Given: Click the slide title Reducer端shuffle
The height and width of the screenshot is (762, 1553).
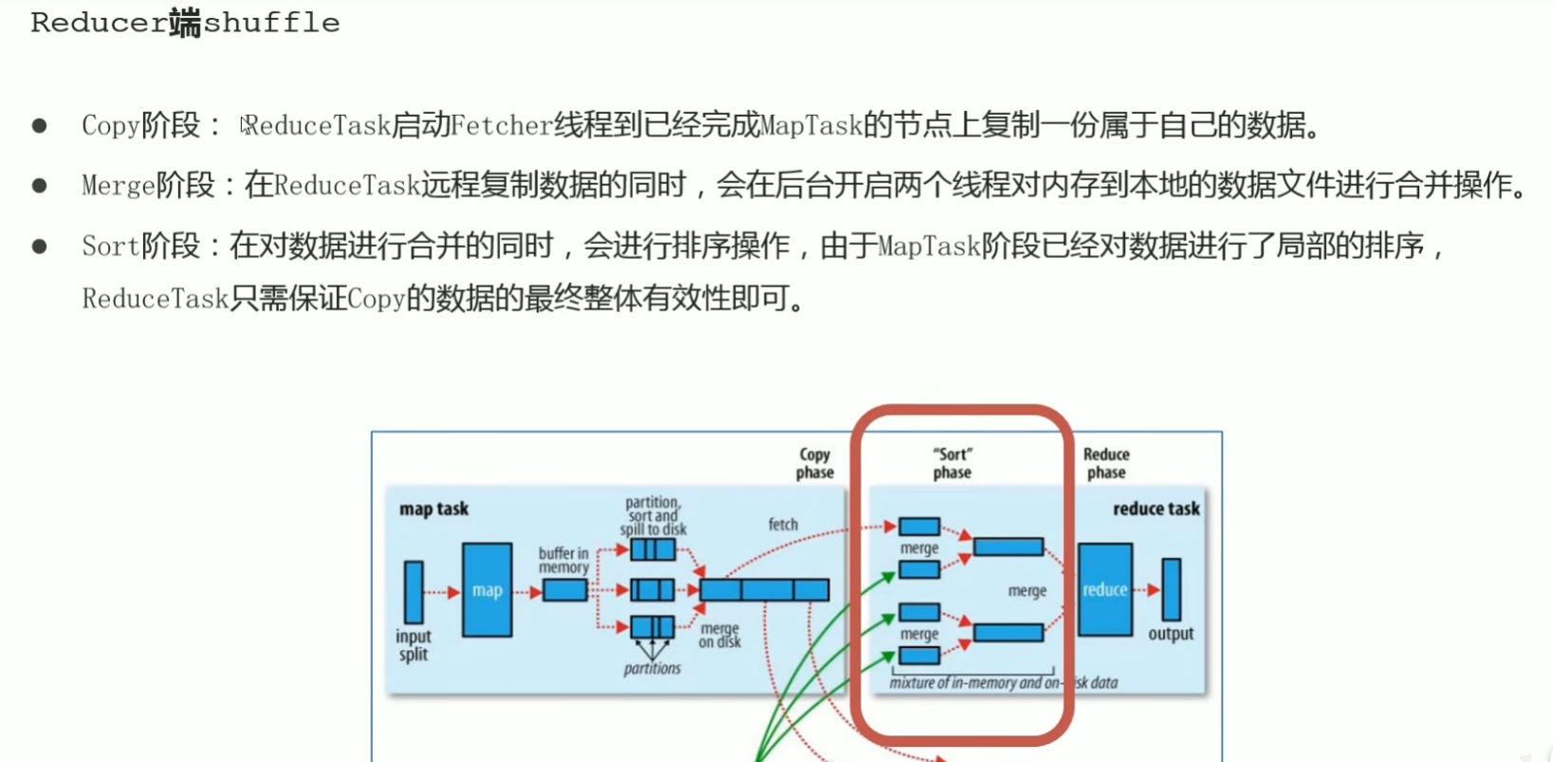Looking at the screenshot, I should [x=185, y=23].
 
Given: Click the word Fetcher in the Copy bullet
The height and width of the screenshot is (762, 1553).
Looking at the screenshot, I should [x=501, y=125].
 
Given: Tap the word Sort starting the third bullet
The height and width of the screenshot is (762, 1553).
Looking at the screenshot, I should [x=110, y=247].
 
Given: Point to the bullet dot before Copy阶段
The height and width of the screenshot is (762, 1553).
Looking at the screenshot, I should [x=39, y=125].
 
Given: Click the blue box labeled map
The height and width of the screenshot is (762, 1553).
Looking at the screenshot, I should [x=487, y=590].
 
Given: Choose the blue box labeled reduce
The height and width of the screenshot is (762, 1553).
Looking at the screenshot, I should [x=1105, y=590].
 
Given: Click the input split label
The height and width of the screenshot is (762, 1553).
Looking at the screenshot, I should [x=414, y=645].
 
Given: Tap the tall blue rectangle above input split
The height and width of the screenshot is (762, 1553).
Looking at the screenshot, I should [x=414, y=592].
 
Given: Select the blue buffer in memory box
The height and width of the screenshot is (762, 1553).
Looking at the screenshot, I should [x=564, y=591].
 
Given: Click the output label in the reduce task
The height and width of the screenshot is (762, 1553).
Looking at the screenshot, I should [x=1171, y=634].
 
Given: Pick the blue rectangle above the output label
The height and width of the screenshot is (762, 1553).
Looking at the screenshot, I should [x=1172, y=589].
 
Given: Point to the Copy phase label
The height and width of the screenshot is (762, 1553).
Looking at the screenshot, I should [x=814, y=464].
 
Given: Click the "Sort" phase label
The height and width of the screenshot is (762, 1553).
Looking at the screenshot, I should [x=952, y=464].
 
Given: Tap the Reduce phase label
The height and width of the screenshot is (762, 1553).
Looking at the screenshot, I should [x=1106, y=464].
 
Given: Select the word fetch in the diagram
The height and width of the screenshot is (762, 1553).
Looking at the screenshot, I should [x=783, y=525].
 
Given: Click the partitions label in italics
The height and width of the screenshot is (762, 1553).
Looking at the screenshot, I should [x=652, y=669].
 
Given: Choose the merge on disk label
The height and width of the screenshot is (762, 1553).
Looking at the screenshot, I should [x=720, y=636].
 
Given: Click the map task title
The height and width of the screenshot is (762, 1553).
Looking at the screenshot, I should [x=434, y=510].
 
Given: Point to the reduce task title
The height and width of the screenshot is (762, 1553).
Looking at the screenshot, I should [x=1156, y=510].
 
